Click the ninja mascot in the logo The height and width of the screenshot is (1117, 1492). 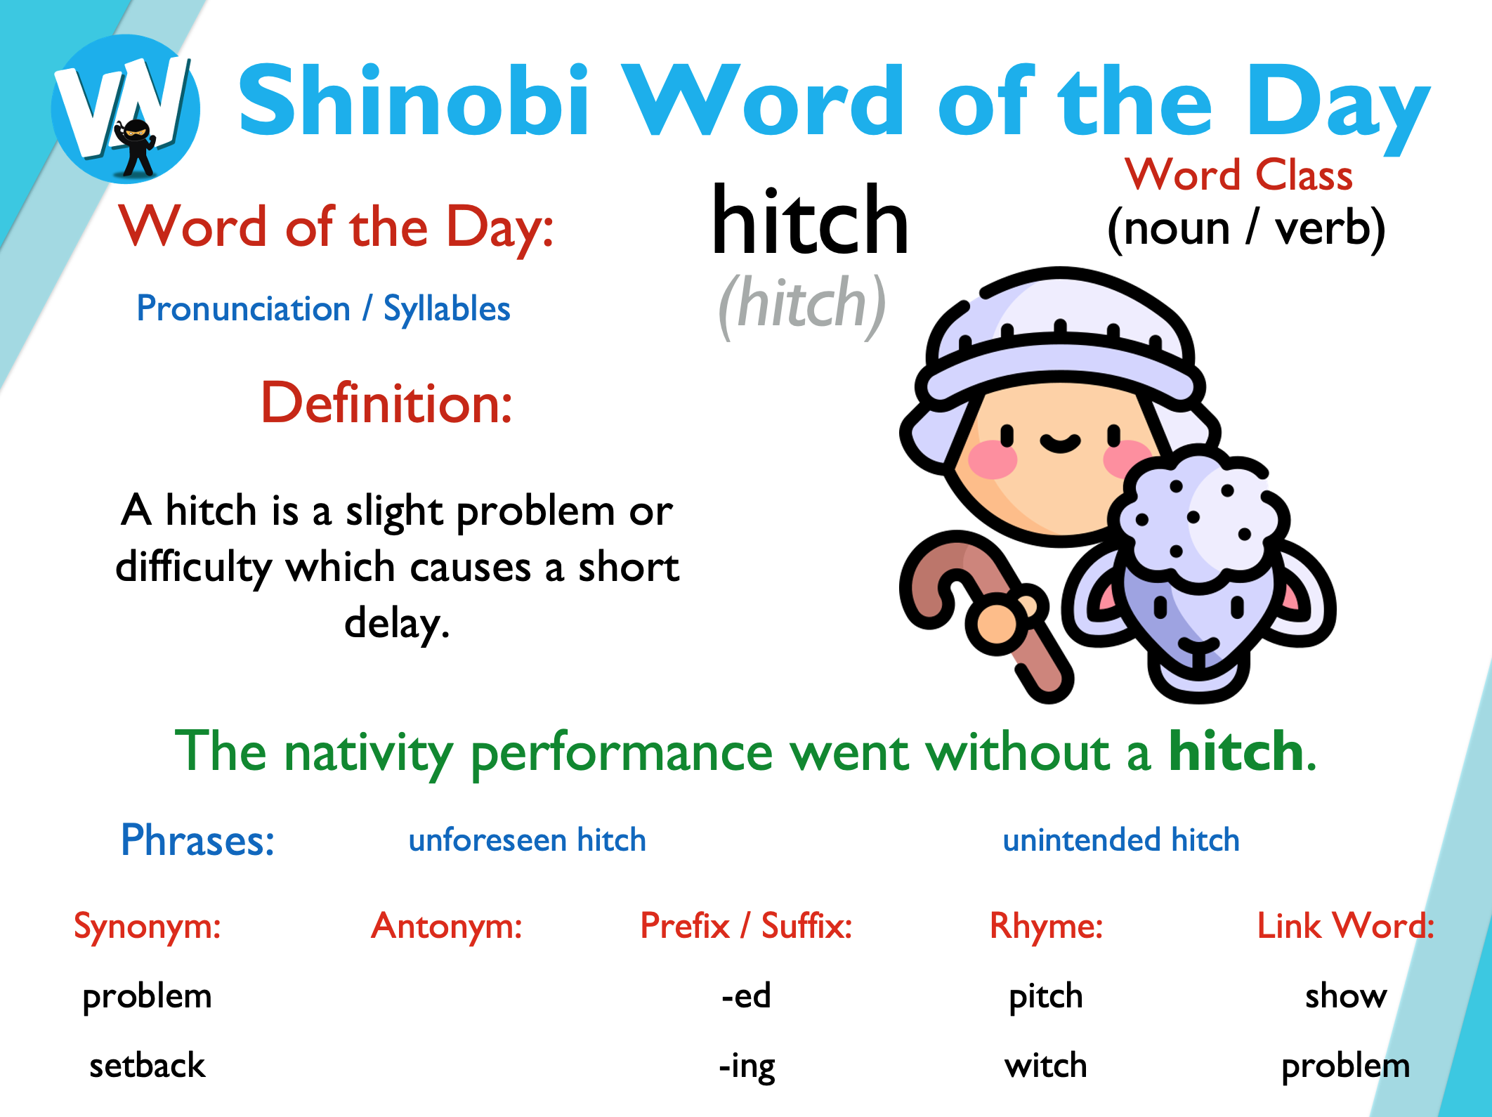point(136,148)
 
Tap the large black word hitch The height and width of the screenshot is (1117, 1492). point(810,221)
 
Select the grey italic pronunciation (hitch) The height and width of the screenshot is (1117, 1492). point(801,305)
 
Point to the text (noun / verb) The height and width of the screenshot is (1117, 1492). point(1245,229)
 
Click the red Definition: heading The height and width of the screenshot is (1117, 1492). point(386,403)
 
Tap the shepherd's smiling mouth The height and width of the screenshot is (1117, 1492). point(1060,443)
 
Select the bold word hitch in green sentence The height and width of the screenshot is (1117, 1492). point(1236,752)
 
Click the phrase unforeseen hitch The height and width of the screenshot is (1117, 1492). point(527,840)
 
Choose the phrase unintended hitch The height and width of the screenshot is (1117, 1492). point(1121,840)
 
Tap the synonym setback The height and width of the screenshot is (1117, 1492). point(148,1066)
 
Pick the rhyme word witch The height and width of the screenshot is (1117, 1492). point(1045,1066)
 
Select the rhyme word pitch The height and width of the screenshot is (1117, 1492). point(1045,997)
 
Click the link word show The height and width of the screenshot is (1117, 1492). point(1346,996)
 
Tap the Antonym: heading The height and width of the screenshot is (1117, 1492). point(447,926)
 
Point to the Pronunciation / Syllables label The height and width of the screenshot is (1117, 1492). point(323,309)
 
